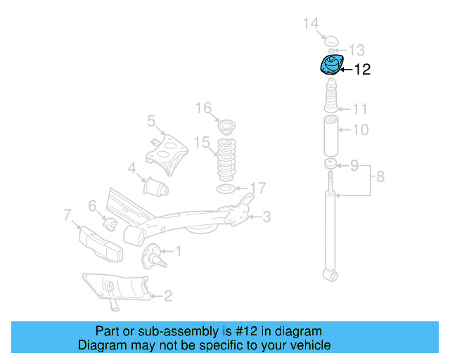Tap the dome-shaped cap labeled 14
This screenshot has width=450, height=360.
(x=331, y=39)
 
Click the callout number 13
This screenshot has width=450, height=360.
(x=357, y=50)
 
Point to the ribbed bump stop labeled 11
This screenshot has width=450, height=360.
(x=330, y=98)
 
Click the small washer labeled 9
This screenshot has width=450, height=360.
(x=330, y=165)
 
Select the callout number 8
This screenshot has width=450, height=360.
(x=380, y=176)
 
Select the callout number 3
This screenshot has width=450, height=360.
(x=266, y=217)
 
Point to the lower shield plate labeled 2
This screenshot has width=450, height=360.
(x=116, y=288)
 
